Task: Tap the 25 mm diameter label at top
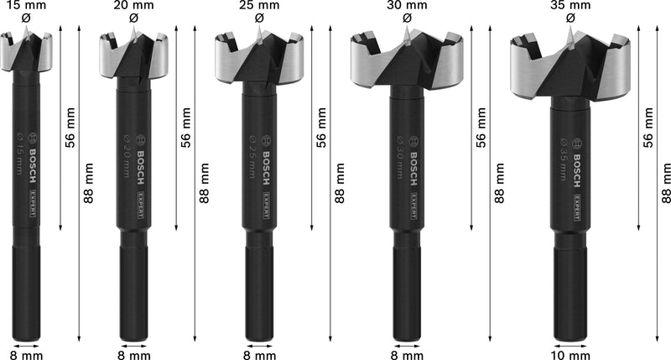pos(258,5)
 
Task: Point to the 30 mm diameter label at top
pos(407,5)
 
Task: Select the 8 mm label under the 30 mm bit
pos(407,354)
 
